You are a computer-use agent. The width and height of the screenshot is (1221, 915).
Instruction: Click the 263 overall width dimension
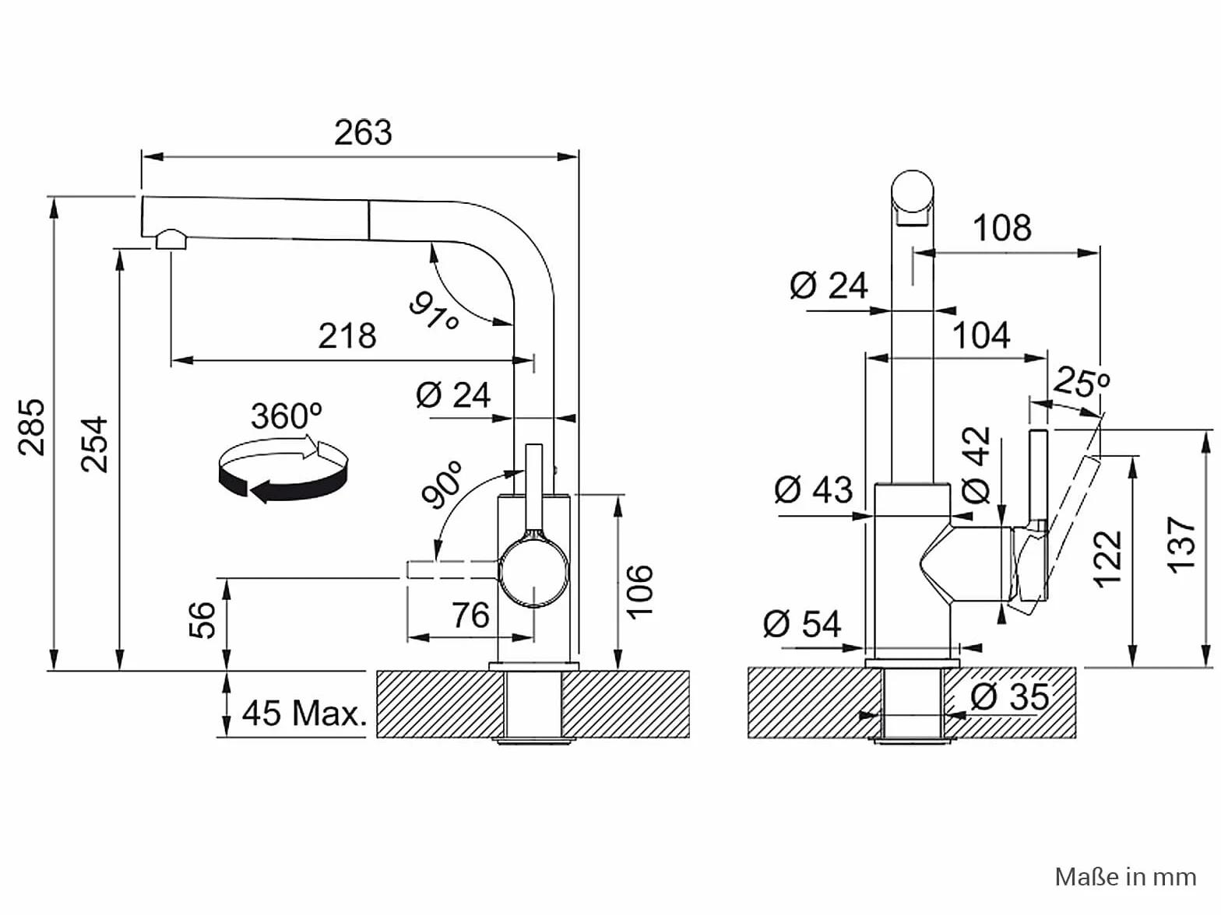[x=363, y=133]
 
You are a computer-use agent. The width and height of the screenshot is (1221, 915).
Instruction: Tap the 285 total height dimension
[x=32, y=427]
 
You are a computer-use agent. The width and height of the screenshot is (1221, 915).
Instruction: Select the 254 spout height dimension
[x=94, y=445]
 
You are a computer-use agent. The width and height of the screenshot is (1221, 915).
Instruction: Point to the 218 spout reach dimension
[x=347, y=336]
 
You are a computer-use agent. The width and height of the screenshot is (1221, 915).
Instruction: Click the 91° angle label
[x=435, y=311]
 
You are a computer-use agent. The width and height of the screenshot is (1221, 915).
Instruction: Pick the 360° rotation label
[x=287, y=415]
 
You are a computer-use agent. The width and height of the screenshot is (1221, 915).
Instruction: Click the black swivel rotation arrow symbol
[x=283, y=469]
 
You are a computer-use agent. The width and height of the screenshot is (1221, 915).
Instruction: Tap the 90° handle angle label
[x=442, y=484]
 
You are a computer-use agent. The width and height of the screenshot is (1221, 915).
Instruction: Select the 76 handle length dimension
[x=470, y=615]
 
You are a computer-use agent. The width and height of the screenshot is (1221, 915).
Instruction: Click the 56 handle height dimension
[x=202, y=620]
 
